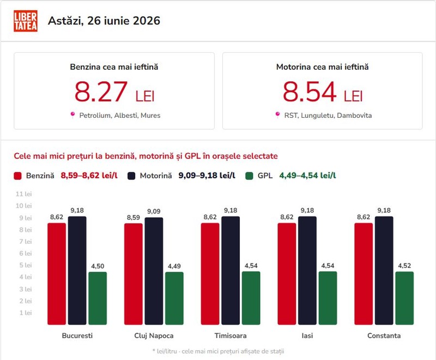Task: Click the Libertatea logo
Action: [26, 21]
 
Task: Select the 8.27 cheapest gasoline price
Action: [101, 92]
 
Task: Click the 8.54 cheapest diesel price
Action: [310, 92]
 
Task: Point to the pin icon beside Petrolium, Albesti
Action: [72, 115]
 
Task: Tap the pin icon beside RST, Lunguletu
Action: [277, 115]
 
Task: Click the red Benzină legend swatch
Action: [17, 176]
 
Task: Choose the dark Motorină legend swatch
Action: [131, 176]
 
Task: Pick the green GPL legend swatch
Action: [249, 176]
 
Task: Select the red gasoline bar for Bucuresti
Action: [57, 274]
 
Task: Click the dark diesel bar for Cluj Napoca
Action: [154, 271]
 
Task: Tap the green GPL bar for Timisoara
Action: [251, 298]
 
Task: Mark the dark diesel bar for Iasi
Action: [307, 271]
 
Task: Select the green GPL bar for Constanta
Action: [404, 298]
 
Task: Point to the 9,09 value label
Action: [154, 212]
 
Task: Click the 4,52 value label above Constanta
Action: [404, 266]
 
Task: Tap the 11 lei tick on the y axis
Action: [23, 194]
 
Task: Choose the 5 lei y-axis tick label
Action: [26, 265]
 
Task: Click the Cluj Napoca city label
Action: [154, 335]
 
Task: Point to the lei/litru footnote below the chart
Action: [219, 351]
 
